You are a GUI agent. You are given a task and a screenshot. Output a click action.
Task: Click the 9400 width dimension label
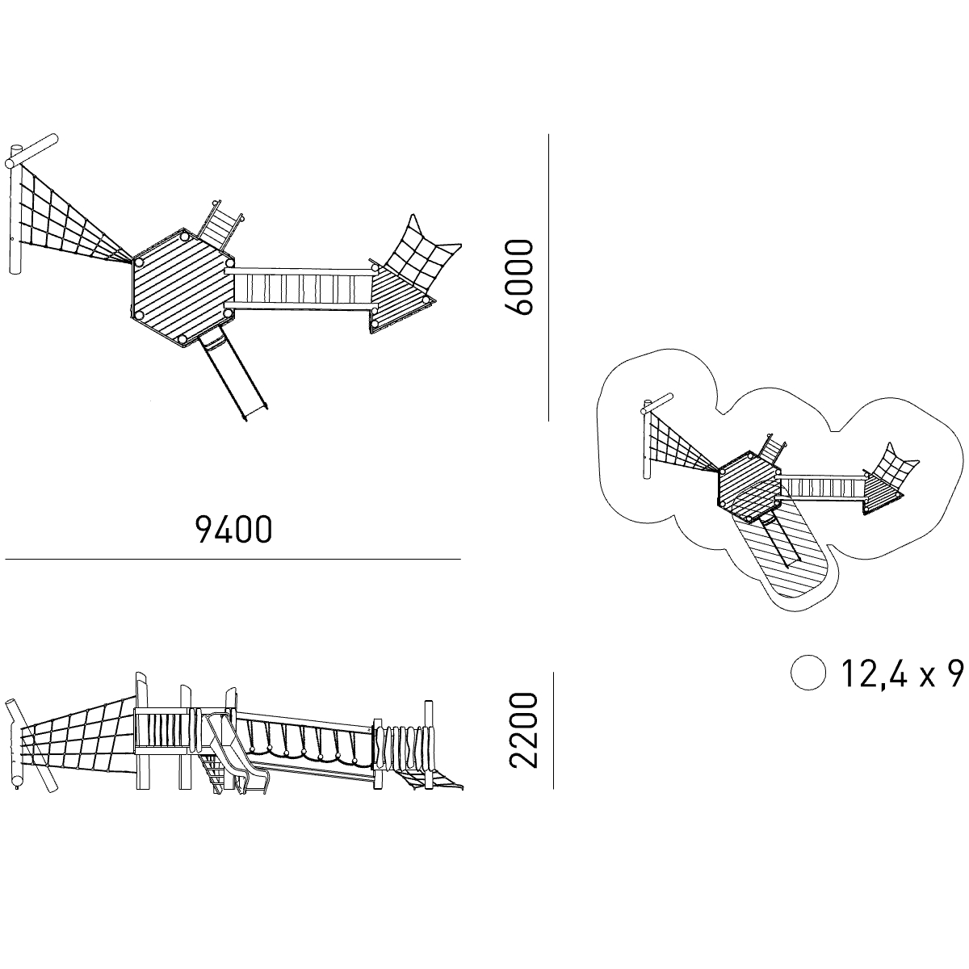point(234,530)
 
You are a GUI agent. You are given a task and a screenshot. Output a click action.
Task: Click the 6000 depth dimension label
point(518,278)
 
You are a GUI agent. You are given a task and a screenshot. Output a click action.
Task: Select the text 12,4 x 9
point(902,673)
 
